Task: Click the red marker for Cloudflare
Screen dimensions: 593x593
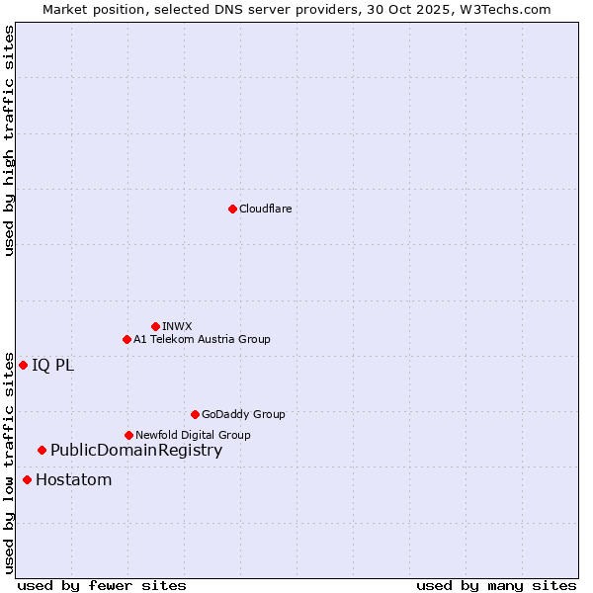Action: point(232,209)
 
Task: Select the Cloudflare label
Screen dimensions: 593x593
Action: point(265,209)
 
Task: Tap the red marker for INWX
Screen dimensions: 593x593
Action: point(155,326)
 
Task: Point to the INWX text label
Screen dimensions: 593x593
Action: point(177,326)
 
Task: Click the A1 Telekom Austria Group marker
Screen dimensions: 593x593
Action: point(127,339)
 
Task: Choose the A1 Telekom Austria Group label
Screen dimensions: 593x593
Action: point(202,339)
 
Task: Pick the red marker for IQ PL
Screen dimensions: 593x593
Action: point(23,365)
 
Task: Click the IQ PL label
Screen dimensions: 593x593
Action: point(52,365)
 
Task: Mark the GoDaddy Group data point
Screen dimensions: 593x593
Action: point(195,414)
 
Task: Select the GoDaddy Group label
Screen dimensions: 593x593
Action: point(243,414)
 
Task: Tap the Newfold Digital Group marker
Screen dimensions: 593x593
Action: point(128,435)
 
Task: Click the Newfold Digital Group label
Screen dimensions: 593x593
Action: point(193,435)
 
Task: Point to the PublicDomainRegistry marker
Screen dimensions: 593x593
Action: point(42,451)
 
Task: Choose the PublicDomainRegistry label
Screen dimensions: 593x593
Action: point(136,451)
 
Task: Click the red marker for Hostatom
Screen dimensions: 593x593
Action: point(27,480)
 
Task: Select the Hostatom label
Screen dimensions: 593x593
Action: point(73,480)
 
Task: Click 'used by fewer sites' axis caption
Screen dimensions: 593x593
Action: point(102,585)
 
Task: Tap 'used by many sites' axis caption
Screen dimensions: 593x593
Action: point(496,585)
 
